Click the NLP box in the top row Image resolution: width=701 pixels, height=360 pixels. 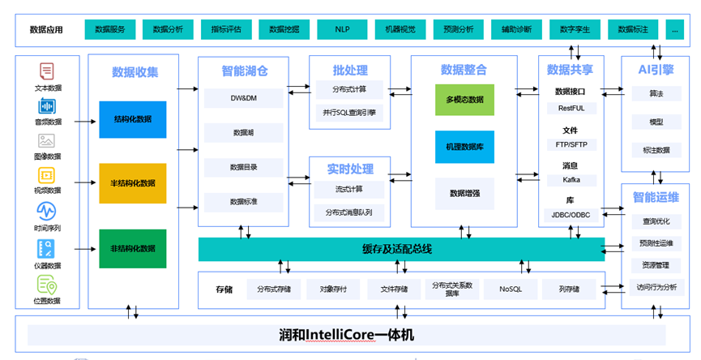[x=342, y=29]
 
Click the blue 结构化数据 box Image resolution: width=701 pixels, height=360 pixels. [x=133, y=120]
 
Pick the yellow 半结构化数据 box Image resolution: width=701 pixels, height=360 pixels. [x=133, y=183]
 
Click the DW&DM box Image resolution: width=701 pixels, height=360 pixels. [x=244, y=98]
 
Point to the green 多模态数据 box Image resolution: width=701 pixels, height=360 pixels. [x=464, y=100]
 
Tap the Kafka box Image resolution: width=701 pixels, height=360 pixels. [x=571, y=180]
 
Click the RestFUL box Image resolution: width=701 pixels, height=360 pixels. [x=571, y=107]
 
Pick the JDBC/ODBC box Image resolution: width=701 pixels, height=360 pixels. [x=571, y=216]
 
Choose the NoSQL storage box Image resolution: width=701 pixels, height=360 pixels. [x=511, y=289]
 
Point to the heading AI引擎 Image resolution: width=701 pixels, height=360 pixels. [x=656, y=71]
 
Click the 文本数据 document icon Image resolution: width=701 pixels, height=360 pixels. [x=46, y=71]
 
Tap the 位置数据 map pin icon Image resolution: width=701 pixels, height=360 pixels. [x=46, y=285]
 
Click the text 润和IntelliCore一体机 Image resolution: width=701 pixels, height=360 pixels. [x=346, y=332]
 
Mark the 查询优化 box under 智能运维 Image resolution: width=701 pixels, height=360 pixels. [x=656, y=221]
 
